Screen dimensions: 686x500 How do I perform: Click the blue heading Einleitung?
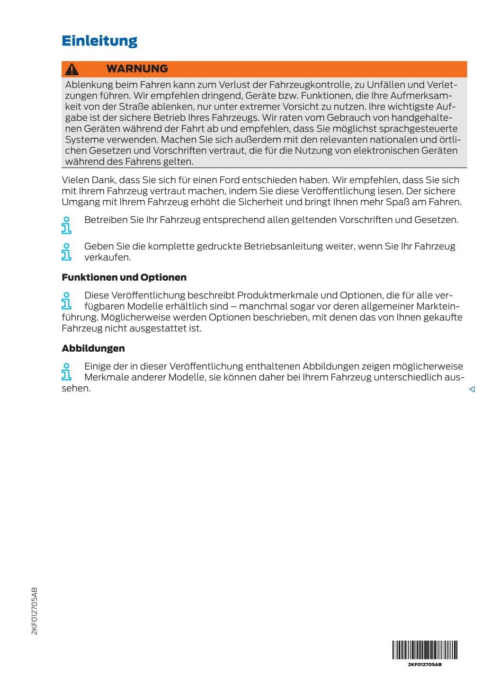tap(99, 41)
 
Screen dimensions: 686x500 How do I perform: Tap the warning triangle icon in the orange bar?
tap(72, 70)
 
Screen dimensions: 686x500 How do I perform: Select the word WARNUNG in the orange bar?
tap(137, 69)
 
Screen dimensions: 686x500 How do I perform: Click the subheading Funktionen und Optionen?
tap(124, 277)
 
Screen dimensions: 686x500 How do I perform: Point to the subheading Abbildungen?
tap(93, 348)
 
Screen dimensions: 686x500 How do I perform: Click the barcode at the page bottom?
tap(425, 650)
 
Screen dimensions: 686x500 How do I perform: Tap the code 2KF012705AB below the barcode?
tap(425, 665)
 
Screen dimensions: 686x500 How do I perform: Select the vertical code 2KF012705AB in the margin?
tap(34, 611)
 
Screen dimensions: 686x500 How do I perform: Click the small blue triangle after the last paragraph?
tap(472, 389)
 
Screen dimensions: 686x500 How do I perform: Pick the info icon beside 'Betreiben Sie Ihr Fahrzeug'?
tap(66, 225)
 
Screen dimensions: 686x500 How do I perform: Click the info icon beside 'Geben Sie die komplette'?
tap(66, 252)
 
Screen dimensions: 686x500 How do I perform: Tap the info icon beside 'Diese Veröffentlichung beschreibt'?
tap(66, 301)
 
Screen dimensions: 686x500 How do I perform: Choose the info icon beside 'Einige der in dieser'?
tap(66, 372)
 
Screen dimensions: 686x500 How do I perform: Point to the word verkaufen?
tap(107, 258)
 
